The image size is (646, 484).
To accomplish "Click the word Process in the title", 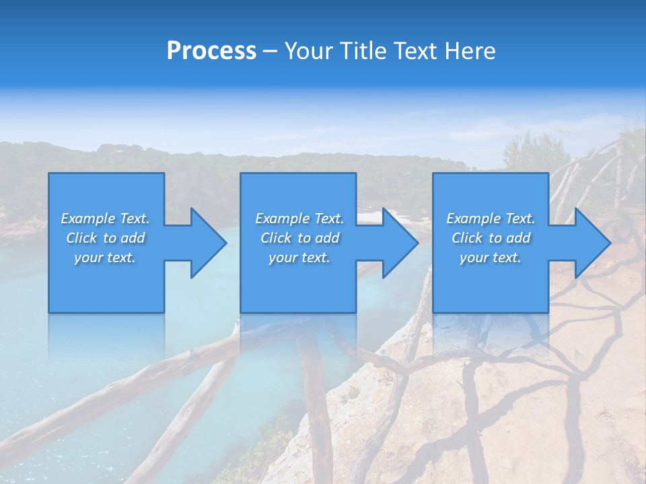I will coord(211,51).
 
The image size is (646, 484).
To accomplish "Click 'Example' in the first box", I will coord(87,218).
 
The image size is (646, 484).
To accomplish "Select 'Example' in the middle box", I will coord(282,218).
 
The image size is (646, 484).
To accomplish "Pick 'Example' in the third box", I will coord(473,218).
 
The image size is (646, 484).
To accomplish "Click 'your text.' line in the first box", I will coord(105,257).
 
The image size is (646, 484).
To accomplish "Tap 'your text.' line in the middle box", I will coord(299,257).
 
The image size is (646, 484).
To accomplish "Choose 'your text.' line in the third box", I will coord(491,257).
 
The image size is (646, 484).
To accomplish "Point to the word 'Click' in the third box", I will coord(467,238).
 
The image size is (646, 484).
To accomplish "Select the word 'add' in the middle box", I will coord(328,238).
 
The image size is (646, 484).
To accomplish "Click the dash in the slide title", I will coord(271,52).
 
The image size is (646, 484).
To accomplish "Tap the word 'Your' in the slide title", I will coord(306,51).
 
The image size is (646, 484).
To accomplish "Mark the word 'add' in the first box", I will coord(133,238).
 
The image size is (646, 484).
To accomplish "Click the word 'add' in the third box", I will coord(519,238).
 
